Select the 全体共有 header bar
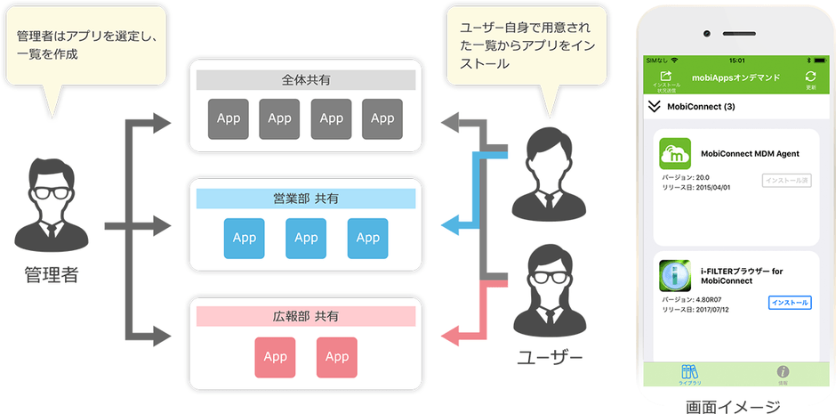[x=306, y=81]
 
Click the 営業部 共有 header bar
[x=306, y=199]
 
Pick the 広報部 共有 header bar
[x=306, y=316]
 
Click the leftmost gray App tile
[x=229, y=118]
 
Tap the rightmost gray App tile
[x=382, y=118]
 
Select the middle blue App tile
[x=306, y=238]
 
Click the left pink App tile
[x=275, y=356]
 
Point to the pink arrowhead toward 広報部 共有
[x=452, y=337]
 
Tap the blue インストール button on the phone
[x=790, y=303]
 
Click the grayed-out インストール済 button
[x=786, y=181]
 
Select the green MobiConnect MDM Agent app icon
[x=675, y=153]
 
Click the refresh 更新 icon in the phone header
[x=810, y=77]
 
